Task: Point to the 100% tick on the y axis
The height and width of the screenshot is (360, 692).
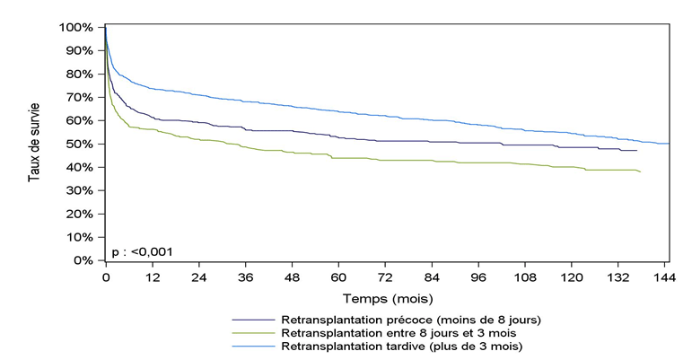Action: pyautogui.click(x=76, y=27)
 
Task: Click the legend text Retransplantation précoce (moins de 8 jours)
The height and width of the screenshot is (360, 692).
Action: pyautogui.click(x=411, y=320)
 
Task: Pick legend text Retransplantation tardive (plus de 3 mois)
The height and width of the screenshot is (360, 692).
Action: pyautogui.click(x=401, y=345)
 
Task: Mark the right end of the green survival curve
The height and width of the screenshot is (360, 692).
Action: pyautogui.click(x=641, y=171)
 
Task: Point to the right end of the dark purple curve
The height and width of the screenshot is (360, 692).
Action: pyautogui.click(x=636, y=150)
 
